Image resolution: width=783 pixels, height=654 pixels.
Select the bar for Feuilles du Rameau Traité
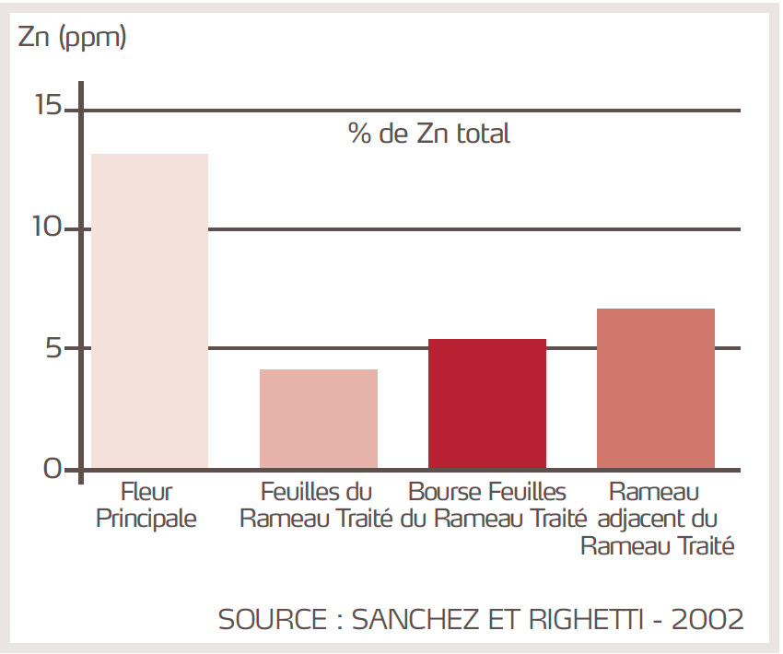click(318, 419)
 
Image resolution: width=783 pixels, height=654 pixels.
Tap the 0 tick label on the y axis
click(55, 469)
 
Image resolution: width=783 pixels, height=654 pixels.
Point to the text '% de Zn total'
click(428, 134)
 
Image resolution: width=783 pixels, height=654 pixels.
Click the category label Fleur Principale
click(146, 505)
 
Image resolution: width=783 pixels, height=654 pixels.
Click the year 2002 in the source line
click(707, 619)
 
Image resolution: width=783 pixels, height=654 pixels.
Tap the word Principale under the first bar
click(146, 519)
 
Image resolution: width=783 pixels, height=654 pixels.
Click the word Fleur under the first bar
click(146, 491)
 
